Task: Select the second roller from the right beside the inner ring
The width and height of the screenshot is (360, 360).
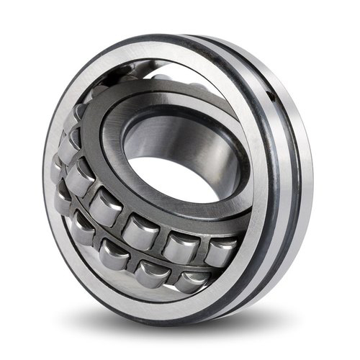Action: tap(178, 246)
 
